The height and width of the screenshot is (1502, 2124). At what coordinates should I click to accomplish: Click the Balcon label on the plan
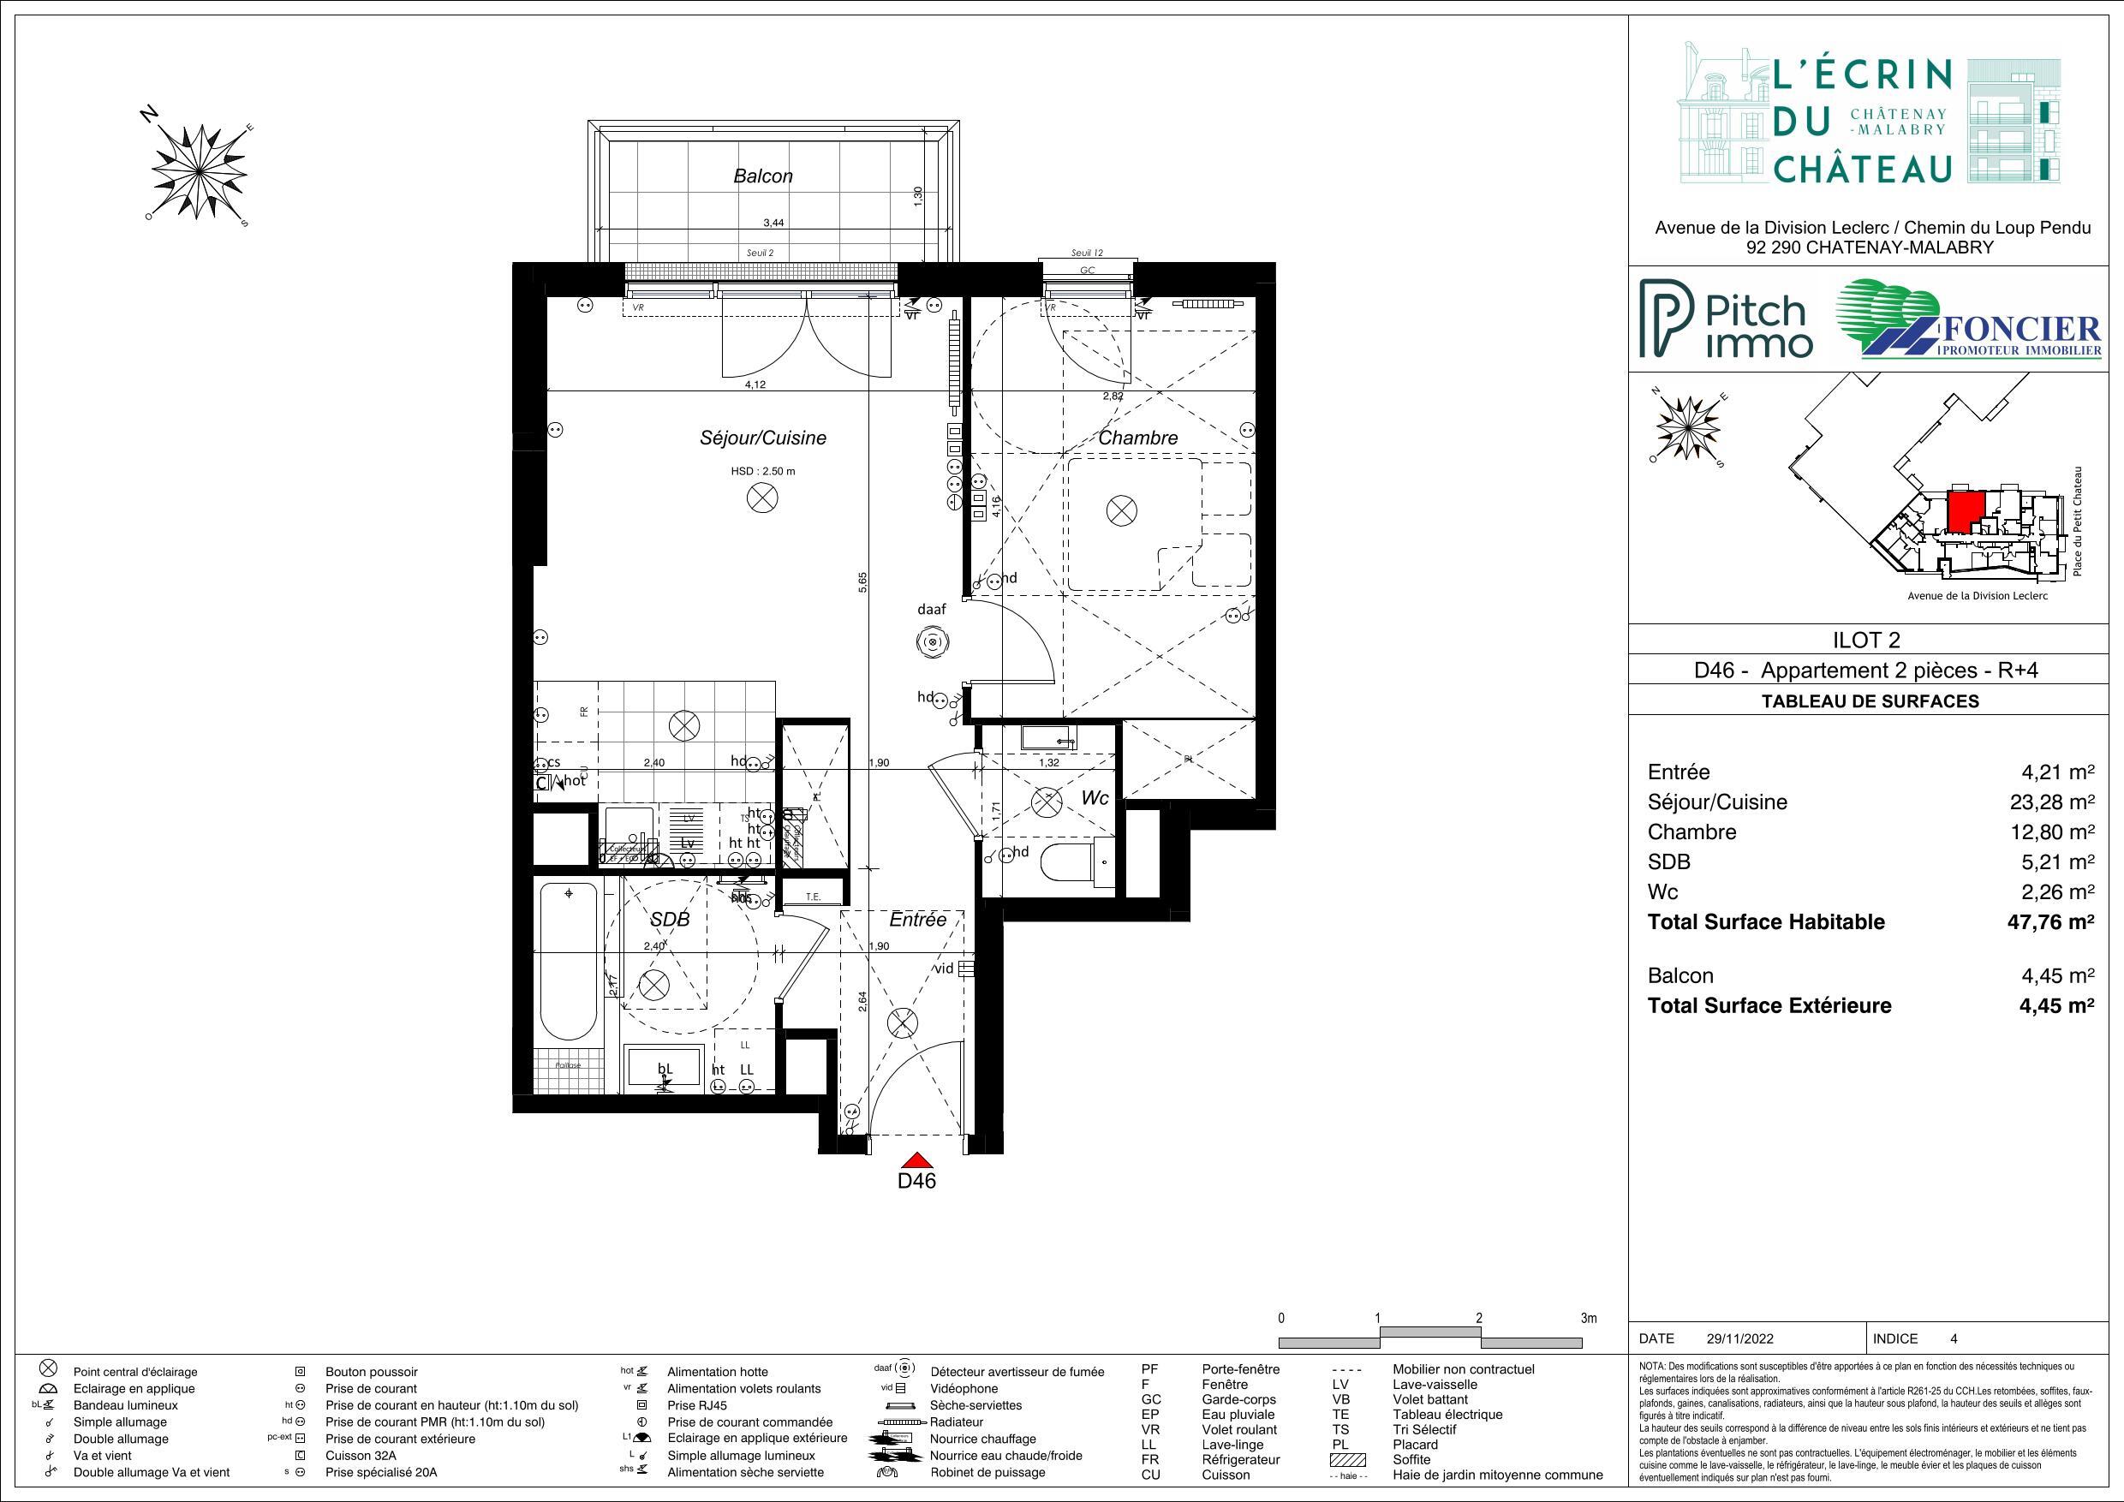[762, 176]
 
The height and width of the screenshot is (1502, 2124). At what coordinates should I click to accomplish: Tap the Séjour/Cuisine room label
[762, 438]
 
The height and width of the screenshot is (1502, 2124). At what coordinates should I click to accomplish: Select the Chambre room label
[1138, 438]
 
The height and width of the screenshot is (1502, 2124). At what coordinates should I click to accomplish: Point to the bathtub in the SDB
[568, 962]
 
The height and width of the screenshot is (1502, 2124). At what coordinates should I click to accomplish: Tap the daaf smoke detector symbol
[932, 641]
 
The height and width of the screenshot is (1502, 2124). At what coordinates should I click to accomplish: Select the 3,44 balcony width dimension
[773, 223]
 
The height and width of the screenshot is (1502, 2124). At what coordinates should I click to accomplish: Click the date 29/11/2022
[1740, 1338]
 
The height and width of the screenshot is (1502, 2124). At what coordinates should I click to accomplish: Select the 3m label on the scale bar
[1589, 1318]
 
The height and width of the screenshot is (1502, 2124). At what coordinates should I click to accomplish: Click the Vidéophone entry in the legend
[964, 1388]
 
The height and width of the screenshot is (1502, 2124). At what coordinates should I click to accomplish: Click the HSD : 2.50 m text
[762, 472]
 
